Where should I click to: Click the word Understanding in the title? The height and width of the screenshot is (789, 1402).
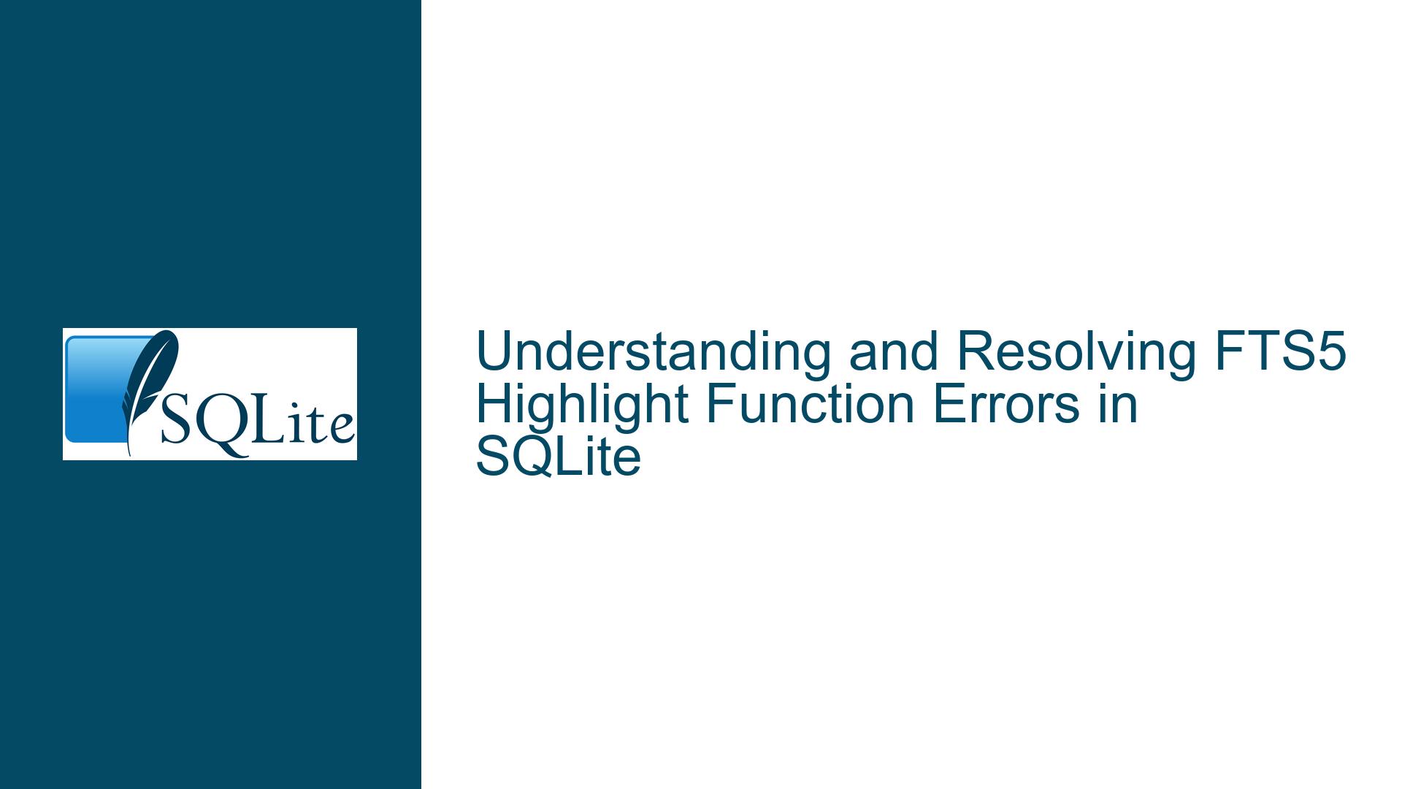pyautogui.click(x=654, y=351)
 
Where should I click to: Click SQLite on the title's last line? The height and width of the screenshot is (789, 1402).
pyautogui.click(x=559, y=458)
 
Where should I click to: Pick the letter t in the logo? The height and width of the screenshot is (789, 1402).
pyautogui.click(x=313, y=427)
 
